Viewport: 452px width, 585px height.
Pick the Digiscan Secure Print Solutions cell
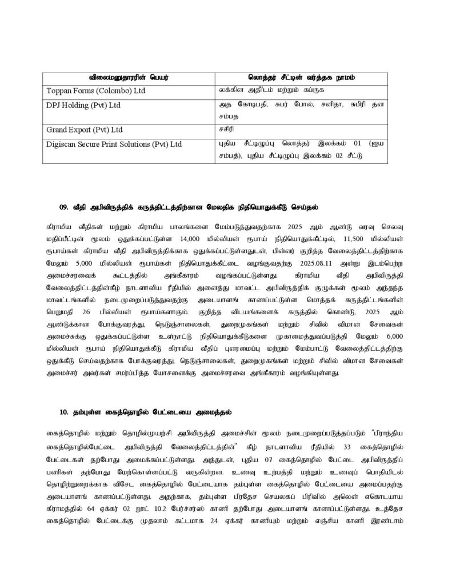[114, 144]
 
